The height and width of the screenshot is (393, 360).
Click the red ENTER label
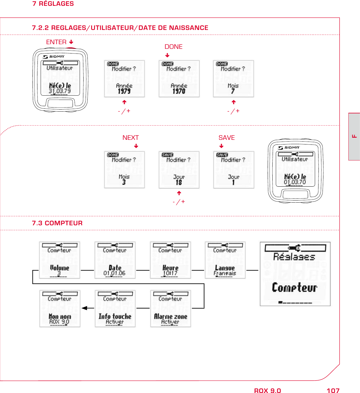click(x=56, y=42)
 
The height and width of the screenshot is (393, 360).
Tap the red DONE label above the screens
click(x=173, y=47)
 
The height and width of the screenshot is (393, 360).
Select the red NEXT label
click(x=130, y=138)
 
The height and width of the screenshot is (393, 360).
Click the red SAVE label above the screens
click(x=226, y=138)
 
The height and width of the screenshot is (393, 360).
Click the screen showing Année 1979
click(x=124, y=79)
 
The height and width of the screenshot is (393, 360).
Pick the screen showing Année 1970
click(x=179, y=79)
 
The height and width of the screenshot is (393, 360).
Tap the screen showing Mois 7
click(x=233, y=79)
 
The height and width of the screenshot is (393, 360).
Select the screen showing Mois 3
click(x=124, y=170)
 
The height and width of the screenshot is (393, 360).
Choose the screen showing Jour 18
click(x=179, y=170)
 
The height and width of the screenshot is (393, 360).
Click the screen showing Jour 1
click(x=233, y=170)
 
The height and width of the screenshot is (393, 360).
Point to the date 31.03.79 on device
click(x=60, y=91)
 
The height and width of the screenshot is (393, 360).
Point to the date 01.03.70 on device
click(x=295, y=182)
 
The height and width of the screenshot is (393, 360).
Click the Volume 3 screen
click(x=60, y=260)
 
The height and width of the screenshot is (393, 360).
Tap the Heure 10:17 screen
click(x=170, y=260)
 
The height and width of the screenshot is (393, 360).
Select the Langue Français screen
click(x=225, y=260)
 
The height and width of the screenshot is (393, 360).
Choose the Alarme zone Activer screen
click(x=170, y=309)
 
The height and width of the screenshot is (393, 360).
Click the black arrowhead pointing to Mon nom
click(x=84, y=308)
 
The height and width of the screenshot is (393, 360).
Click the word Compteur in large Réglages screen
click(x=294, y=287)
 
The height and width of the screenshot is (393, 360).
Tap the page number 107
click(x=333, y=391)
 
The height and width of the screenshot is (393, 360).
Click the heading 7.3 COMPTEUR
click(x=57, y=223)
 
